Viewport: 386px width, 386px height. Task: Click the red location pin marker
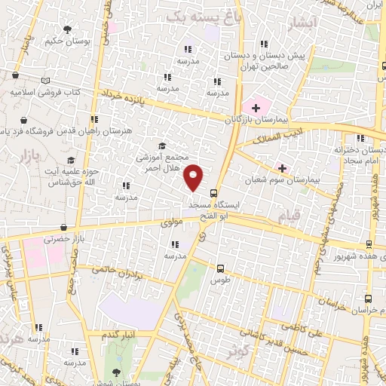coord(195,176)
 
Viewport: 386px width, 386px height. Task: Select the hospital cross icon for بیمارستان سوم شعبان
coord(283,167)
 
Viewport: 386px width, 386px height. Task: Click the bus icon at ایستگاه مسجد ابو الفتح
coord(213,192)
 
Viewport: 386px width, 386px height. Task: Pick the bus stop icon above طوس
coord(220,268)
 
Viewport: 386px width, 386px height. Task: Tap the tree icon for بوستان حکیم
coord(68,29)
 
